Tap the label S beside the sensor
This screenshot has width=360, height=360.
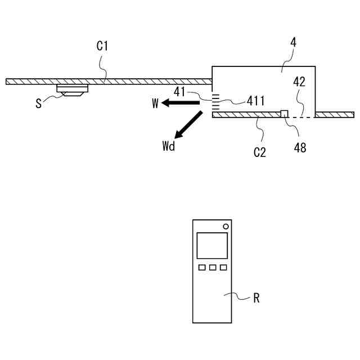(38, 103)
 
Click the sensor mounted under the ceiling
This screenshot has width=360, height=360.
(73, 89)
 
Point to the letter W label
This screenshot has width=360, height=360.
(155, 103)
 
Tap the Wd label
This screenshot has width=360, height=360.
(168, 147)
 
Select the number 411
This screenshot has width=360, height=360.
(256, 101)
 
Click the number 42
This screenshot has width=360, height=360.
(299, 82)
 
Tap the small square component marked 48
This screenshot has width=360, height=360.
(285, 114)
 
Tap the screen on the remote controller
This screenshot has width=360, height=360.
(212, 245)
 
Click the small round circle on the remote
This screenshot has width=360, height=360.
(226, 226)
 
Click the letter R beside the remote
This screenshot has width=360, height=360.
(256, 298)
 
